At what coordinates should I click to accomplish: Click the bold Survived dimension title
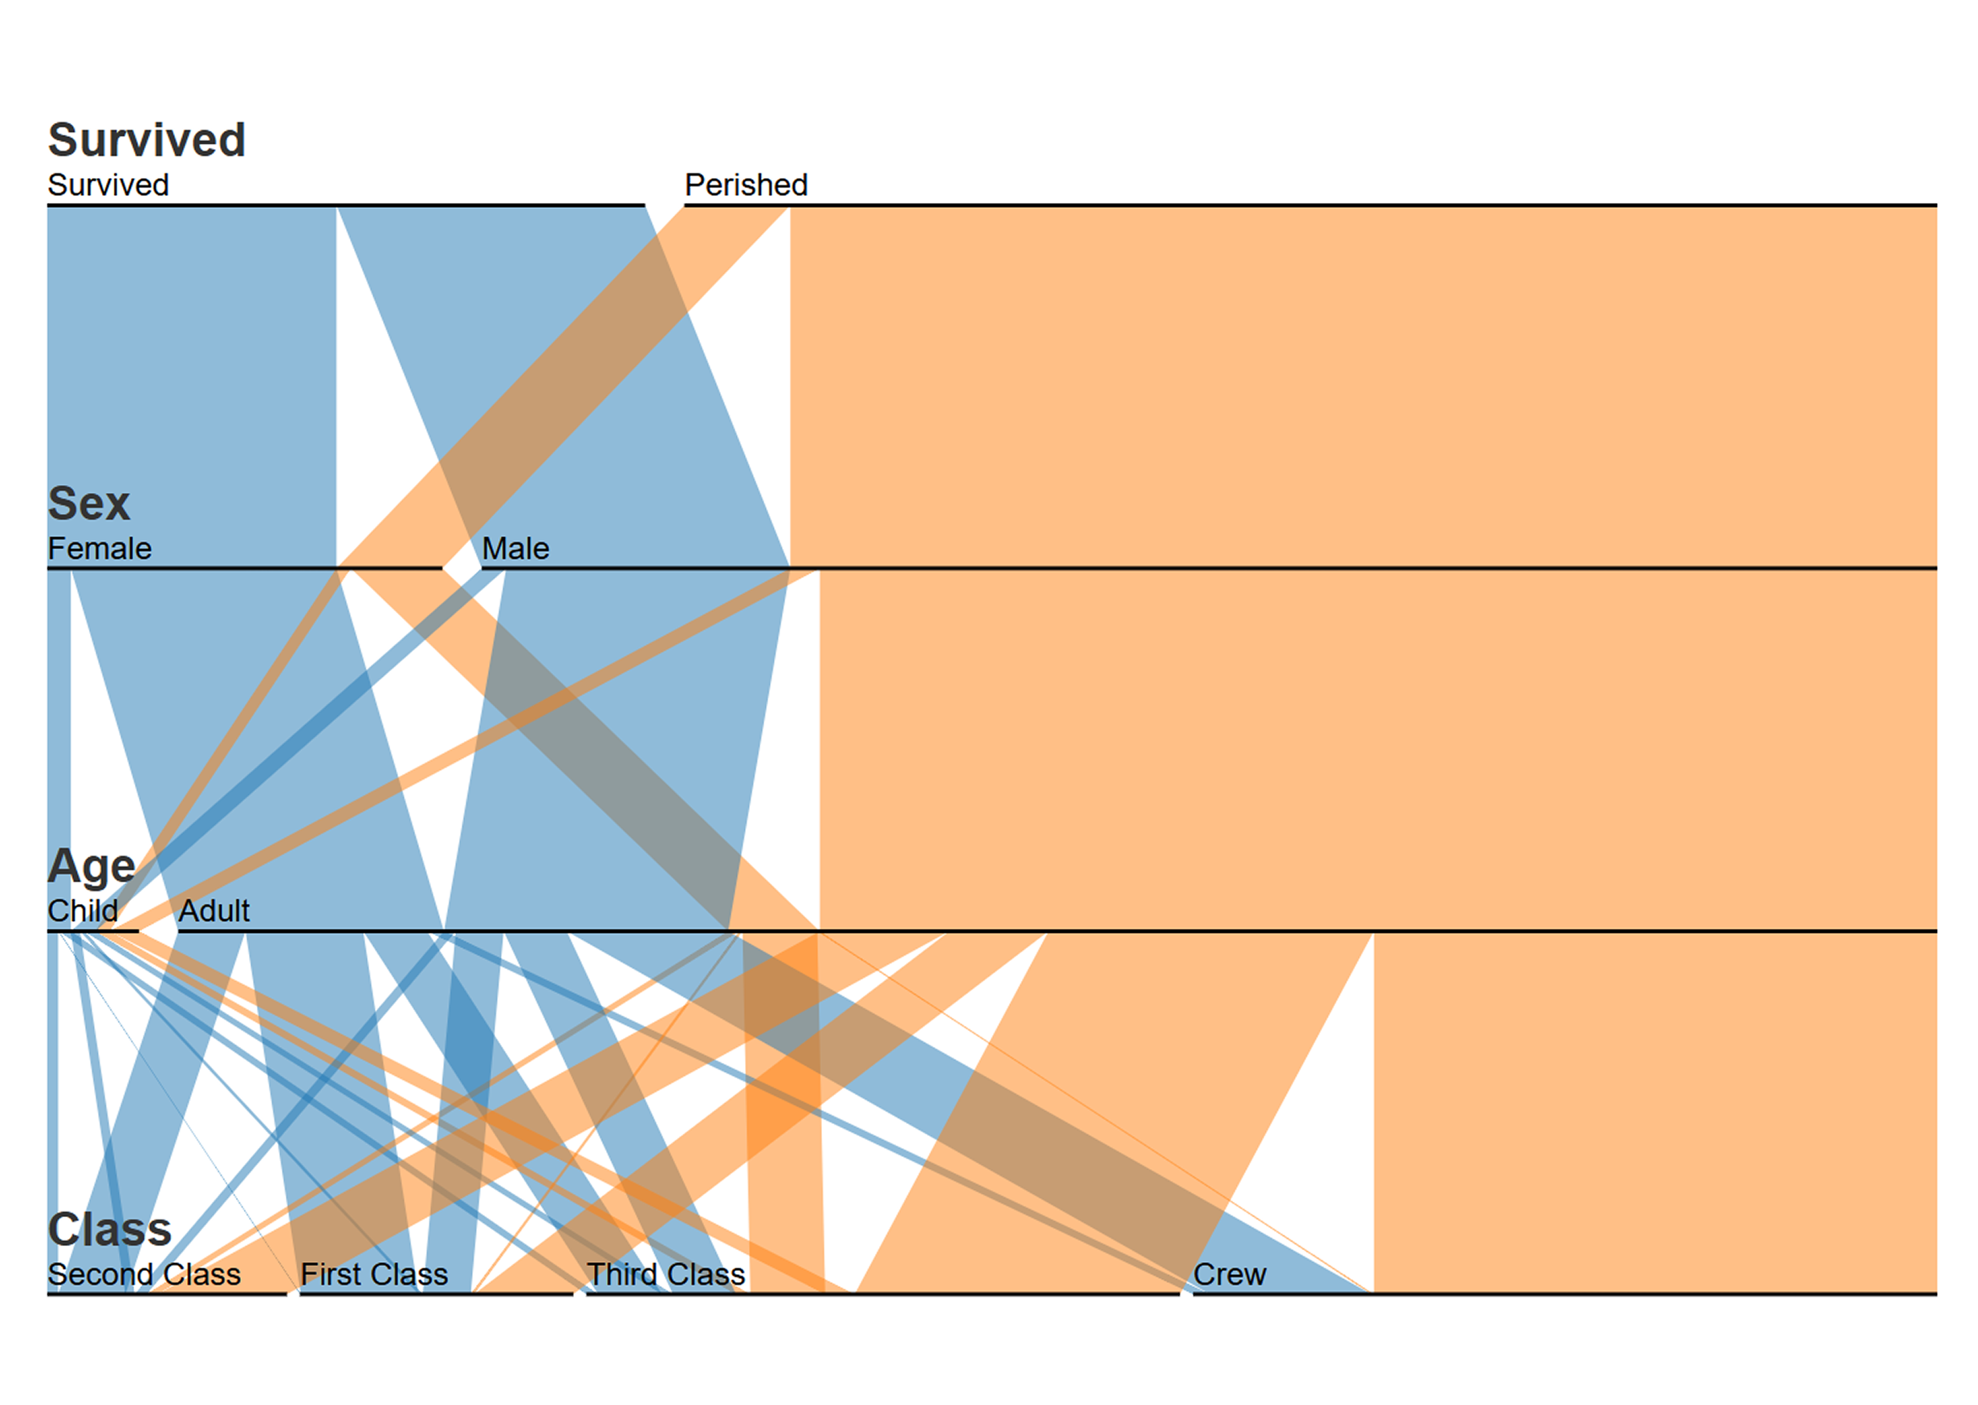147,140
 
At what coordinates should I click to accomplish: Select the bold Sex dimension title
89,503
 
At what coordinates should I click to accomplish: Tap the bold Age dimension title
92,867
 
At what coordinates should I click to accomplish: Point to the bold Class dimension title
110,1229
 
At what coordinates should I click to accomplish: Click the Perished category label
747,185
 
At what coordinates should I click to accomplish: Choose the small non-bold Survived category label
108,185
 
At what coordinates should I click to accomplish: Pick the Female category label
100,548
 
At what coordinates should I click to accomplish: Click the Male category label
515,548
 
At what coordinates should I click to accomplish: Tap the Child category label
83,911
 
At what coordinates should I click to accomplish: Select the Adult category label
214,911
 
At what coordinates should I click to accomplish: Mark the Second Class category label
144,1274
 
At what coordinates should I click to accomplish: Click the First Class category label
375,1274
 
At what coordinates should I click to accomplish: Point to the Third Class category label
666,1274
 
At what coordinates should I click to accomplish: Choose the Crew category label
1230,1274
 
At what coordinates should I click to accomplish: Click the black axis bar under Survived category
346,206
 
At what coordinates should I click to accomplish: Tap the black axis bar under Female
245,568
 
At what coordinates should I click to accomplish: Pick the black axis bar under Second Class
167,1294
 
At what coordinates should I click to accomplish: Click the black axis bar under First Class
437,1294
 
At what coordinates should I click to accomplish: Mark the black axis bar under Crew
1565,1294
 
